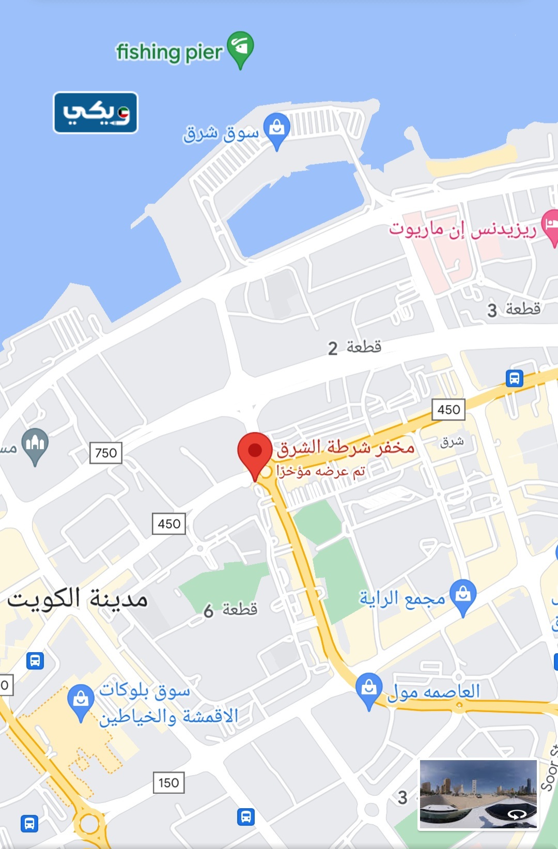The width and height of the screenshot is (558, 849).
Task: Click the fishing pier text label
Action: (x=169, y=52)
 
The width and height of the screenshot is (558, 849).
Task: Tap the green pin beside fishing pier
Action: (x=240, y=48)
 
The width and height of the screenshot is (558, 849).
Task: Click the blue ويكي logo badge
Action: (x=96, y=113)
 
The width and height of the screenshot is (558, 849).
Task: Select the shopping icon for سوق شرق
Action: (x=276, y=130)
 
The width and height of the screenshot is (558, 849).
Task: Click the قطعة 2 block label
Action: (x=354, y=347)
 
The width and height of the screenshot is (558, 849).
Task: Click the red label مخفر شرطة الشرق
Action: (x=346, y=447)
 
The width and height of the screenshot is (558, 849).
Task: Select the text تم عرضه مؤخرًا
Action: (x=321, y=471)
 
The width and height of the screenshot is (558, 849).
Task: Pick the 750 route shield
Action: (x=106, y=453)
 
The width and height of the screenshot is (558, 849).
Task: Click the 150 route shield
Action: (x=168, y=782)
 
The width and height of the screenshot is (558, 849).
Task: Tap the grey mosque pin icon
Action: (x=35, y=444)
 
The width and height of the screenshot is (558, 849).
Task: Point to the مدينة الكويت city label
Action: (x=78, y=599)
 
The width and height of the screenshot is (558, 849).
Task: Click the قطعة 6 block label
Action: (x=230, y=610)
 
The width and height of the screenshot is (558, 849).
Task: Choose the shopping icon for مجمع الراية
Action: (x=463, y=595)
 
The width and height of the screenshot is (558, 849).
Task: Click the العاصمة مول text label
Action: (x=433, y=691)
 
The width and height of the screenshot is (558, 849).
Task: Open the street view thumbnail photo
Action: (x=478, y=793)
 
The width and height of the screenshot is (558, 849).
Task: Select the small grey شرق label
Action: (x=452, y=442)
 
